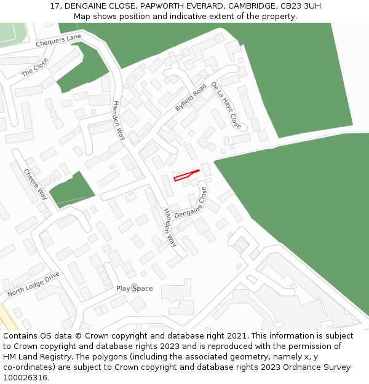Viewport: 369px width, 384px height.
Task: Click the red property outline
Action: [186, 176]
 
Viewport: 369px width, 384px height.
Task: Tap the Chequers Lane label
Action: [58, 41]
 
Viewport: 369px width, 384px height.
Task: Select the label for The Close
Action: [34, 67]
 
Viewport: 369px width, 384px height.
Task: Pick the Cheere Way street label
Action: [36, 184]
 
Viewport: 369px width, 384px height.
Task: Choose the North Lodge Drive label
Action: [34, 284]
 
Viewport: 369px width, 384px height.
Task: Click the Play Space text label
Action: [135, 288]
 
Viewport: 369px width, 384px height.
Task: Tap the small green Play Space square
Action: [134, 287]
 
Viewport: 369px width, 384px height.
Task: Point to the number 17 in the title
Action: [55, 6]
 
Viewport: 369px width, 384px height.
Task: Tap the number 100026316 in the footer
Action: [23, 378]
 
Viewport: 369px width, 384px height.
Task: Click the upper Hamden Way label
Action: [119, 120]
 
